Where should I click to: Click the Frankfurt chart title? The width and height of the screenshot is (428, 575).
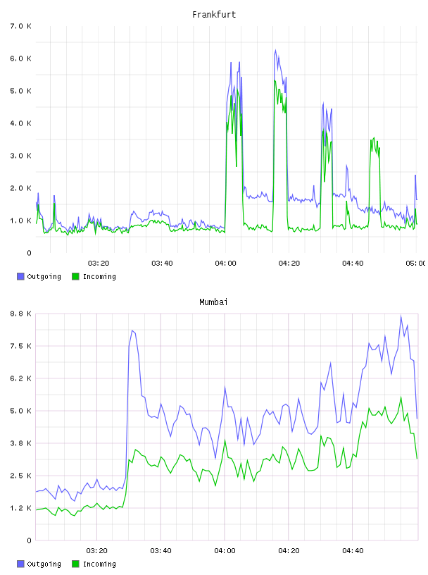(x=214, y=15)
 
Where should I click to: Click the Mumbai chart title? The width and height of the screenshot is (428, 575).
(x=213, y=302)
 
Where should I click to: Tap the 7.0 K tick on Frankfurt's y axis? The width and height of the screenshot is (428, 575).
(x=21, y=26)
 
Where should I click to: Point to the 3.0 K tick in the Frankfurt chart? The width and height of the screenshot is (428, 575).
(x=21, y=156)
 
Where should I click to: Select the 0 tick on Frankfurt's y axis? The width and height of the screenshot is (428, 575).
(x=29, y=253)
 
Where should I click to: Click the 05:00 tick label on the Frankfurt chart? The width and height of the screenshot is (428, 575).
(x=415, y=264)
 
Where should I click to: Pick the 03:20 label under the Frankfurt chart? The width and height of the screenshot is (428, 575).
(x=99, y=264)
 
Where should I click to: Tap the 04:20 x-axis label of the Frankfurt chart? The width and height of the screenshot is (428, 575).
(x=289, y=264)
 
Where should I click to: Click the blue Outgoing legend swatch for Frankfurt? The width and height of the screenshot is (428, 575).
(x=20, y=276)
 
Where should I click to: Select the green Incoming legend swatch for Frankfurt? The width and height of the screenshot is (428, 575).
(x=75, y=276)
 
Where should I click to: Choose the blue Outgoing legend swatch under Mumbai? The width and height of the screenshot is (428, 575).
(x=20, y=564)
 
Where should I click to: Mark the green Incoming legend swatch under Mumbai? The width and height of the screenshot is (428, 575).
(x=75, y=564)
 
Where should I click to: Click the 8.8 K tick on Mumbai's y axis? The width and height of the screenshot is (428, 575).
(x=21, y=314)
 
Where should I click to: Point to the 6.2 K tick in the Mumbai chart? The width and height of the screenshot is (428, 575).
(x=21, y=378)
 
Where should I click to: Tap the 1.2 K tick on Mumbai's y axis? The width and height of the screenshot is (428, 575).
(x=21, y=508)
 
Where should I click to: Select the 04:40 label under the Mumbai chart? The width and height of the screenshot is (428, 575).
(x=353, y=551)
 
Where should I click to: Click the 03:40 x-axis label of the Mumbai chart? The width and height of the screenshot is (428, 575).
(x=161, y=551)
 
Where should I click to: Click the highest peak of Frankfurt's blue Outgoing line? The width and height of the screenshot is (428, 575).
(x=275, y=50)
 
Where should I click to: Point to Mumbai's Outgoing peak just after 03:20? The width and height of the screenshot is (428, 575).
(x=132, y=330)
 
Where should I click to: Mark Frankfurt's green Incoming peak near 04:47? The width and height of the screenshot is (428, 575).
(x=374, y=138)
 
